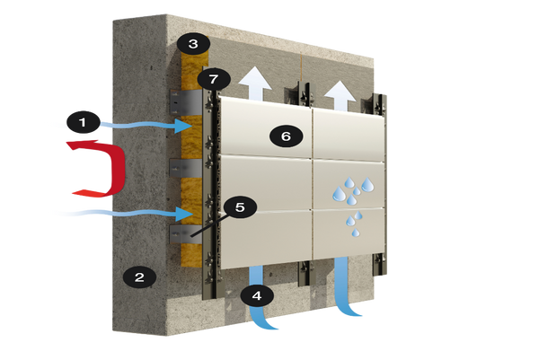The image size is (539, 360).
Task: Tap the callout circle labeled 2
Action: click(138, 277)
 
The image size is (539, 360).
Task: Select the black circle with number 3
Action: click(191, 42)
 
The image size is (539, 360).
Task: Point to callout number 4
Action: click(257, 294)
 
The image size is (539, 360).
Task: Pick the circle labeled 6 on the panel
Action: click(286, 136)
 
